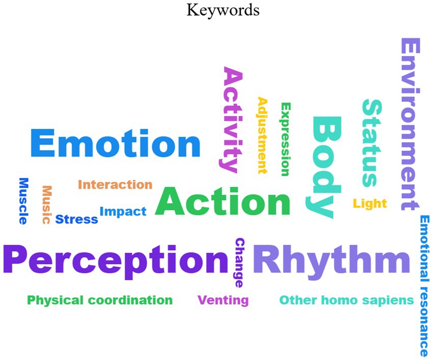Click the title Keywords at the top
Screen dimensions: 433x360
click(223, 10)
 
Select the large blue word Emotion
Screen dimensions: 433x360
click(116, 144)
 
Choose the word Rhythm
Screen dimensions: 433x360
click(331, 259)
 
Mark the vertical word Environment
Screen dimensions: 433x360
click(410, 125)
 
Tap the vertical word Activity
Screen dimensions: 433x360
click(232, 120)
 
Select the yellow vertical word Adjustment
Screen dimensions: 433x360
click(262, 135)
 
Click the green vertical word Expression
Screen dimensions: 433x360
click(285, 139)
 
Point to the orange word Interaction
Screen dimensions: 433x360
click(115, 184)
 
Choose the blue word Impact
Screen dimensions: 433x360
click(123, 211)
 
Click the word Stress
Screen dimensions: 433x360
click(76, 219)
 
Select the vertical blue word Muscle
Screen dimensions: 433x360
click(23, 201)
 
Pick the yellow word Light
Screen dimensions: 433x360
click(370, 204)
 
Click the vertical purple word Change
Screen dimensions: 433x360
click(239, 262)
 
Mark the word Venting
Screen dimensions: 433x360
click(223, 300)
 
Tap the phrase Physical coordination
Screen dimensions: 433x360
click(100, 300)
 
